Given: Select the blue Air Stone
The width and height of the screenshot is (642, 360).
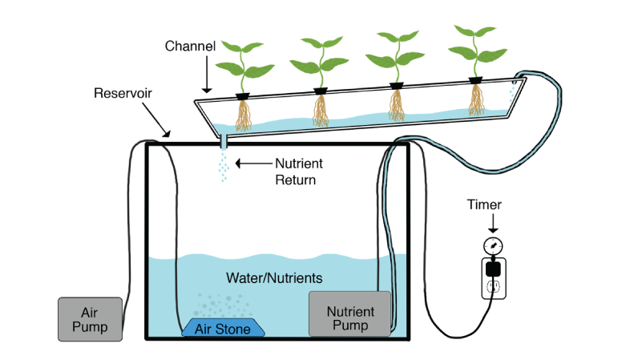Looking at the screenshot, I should tap(226, 328).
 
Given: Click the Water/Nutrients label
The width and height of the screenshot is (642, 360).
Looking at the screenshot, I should tap(274, 278).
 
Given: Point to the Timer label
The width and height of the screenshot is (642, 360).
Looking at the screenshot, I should tap(484, 204).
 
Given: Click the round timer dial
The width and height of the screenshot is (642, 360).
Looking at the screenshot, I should tap(494, 245).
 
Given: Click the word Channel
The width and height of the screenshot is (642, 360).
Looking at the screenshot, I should tap(190, 46).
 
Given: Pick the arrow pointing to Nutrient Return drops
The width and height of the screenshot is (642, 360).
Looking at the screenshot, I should tap(252, 164).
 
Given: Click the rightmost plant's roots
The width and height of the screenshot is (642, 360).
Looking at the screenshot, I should tap(476, 100).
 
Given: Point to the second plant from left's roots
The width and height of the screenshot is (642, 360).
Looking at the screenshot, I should tap(321, 111).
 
